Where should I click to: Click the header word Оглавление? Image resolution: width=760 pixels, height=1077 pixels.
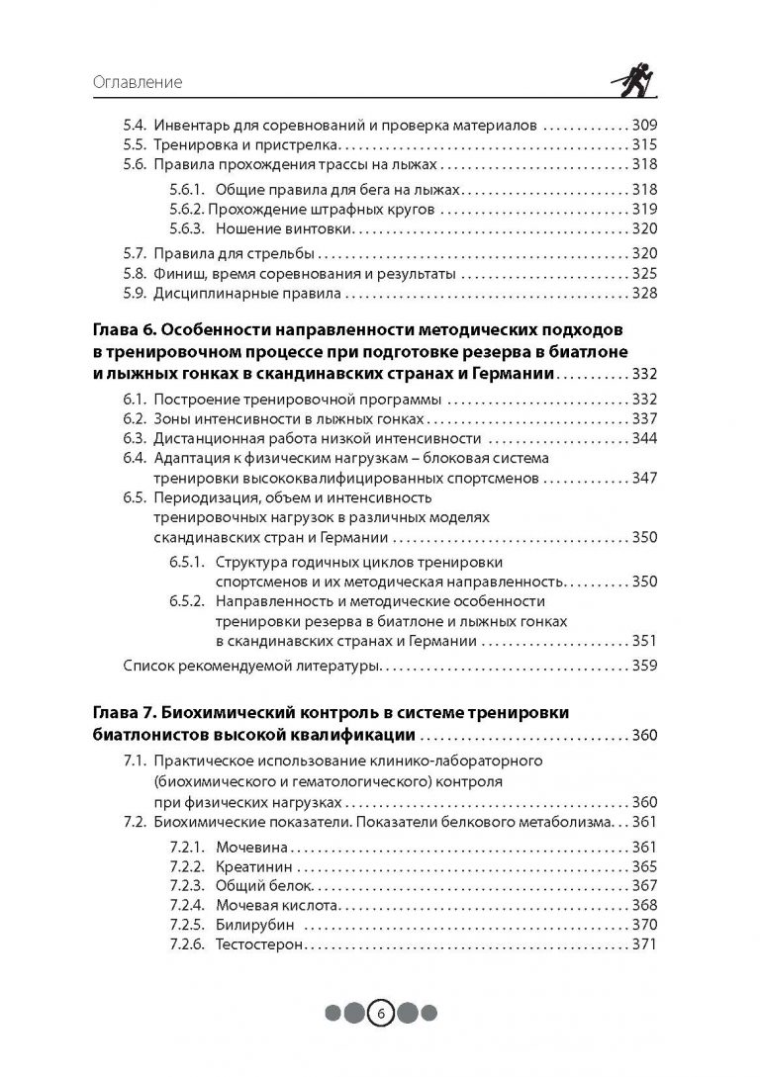pyautogui.click(x=138, y=82)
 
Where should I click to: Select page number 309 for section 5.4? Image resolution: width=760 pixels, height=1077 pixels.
pyautogui.click(x=643, y=126)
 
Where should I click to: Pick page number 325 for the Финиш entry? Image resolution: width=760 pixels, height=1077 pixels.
pyautogui.click(x=643, y=273)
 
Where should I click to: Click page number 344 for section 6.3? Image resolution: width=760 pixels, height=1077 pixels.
pyautogui.click(x=643, y=438)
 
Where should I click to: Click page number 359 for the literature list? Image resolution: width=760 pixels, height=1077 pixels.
pyautogui.click(x=643, y=665)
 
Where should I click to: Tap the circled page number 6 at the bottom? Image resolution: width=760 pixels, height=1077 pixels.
pyautogui.click(x=381, y=1013)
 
